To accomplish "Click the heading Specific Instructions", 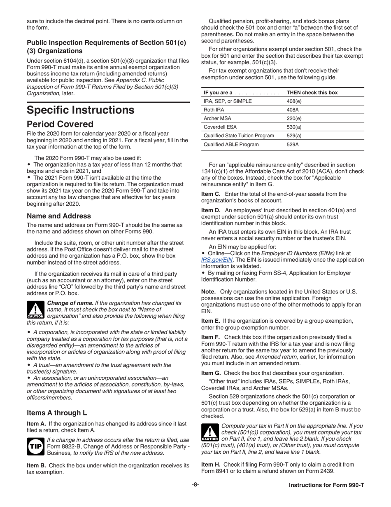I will [80, 110].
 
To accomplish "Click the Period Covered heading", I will [60, 124].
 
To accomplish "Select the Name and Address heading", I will [59, 216].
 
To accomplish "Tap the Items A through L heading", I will [57, 413].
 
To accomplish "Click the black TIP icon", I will [35, 446].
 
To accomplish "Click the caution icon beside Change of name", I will [35, 310].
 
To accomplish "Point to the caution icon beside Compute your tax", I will [209, 433].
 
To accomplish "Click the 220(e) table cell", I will [294, 118].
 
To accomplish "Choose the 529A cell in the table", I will [293, 144].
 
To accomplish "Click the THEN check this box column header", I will [312, 92].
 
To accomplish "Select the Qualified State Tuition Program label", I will [239, 136].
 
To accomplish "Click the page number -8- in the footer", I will [195, 485].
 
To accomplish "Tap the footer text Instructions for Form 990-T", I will [326, 485].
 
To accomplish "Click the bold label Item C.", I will [210, 194].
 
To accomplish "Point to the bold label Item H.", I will [211, 465].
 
